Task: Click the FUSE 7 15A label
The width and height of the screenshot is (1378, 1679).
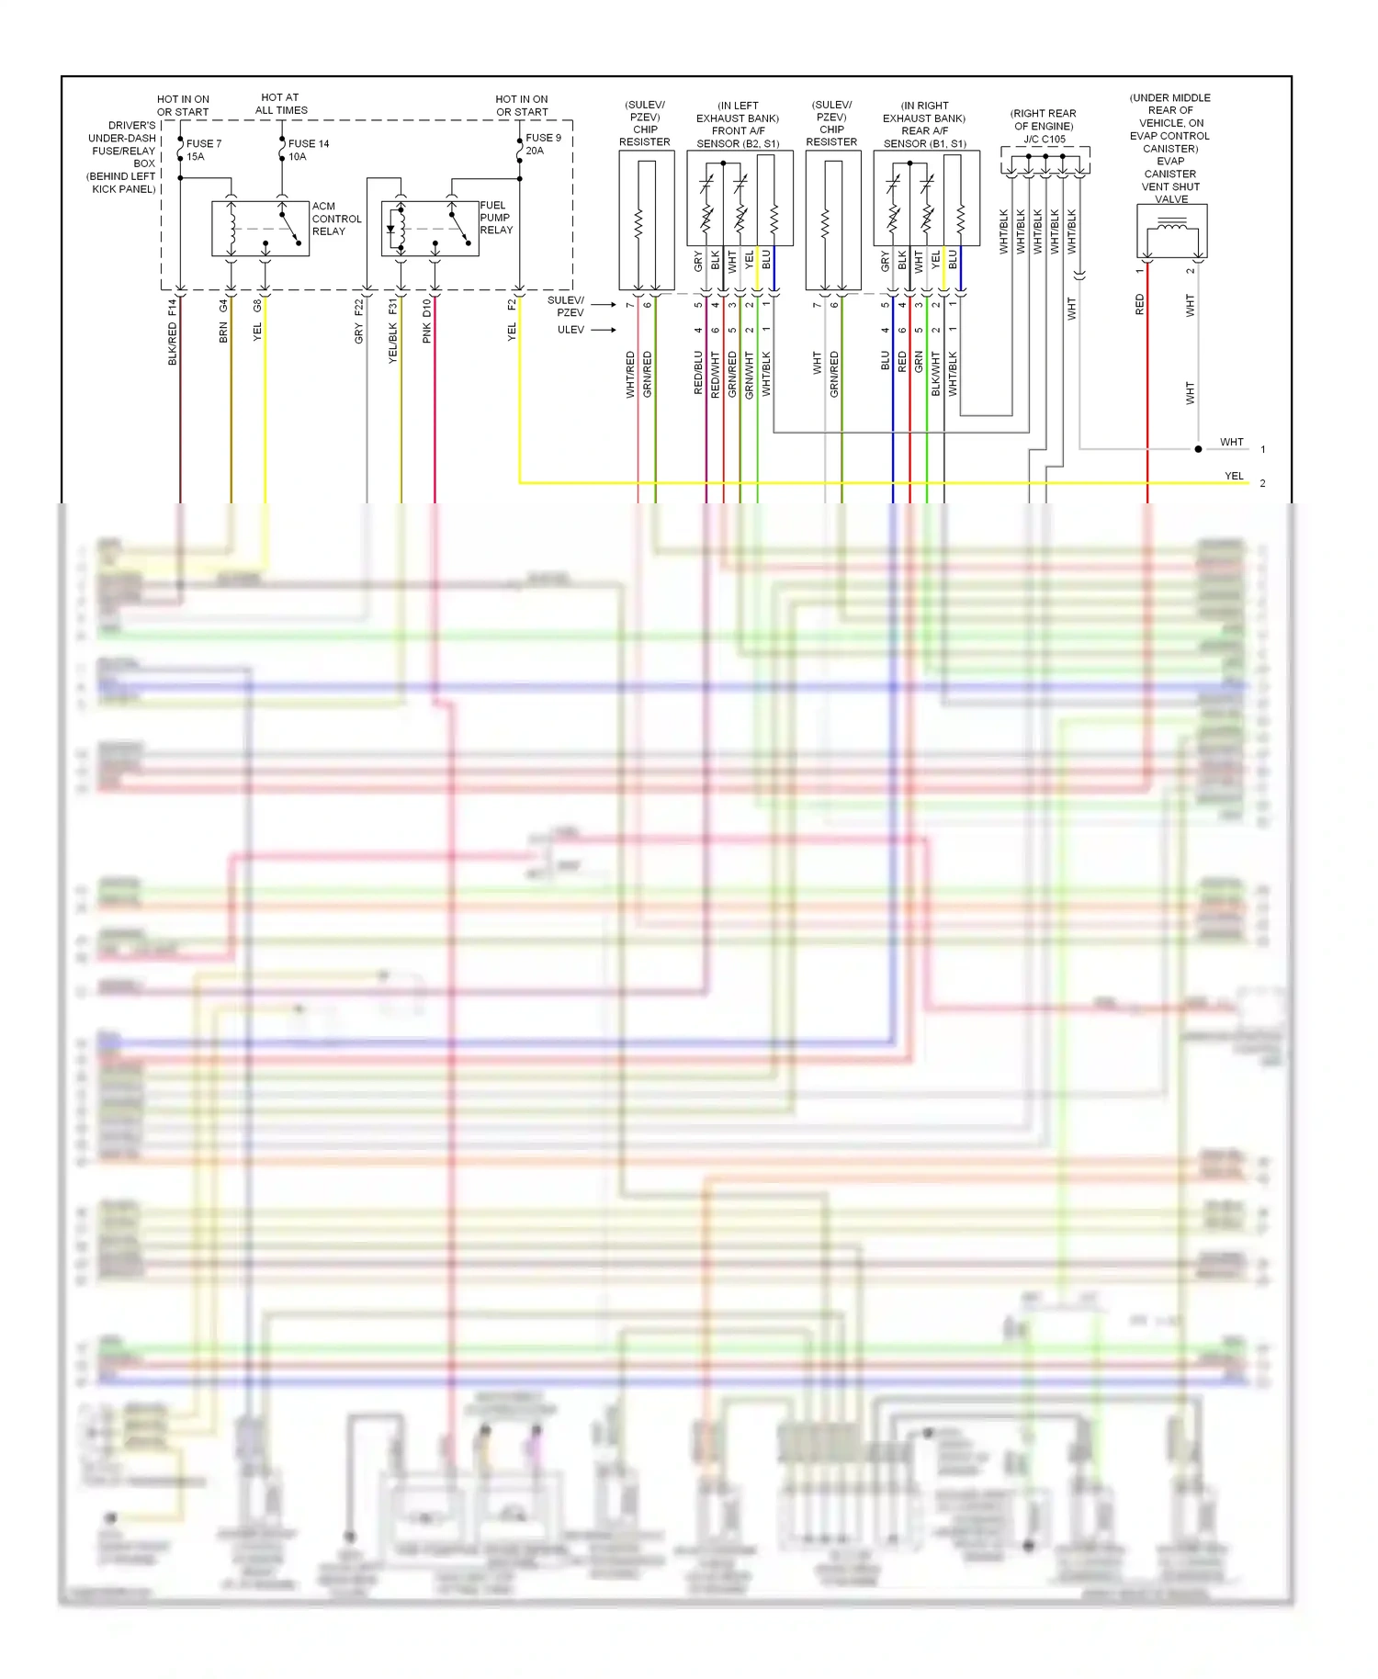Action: point(202,151)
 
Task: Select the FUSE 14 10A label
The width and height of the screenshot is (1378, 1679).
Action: point(308,151)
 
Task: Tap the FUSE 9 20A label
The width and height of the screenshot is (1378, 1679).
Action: point(542,144)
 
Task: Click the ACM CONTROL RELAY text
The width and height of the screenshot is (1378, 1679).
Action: point(335,219)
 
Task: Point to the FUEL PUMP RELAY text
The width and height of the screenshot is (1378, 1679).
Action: point(495,218)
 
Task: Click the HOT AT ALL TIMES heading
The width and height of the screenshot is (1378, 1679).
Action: point(280,104)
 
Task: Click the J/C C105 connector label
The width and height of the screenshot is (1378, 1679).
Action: point(1045,140)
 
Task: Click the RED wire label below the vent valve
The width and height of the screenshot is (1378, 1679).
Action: point(1140,305)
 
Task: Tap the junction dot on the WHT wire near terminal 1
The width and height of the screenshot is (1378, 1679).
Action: point(1198,449)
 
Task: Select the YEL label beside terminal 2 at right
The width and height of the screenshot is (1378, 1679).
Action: point(1234,476)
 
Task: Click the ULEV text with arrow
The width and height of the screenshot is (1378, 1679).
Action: point(570,330)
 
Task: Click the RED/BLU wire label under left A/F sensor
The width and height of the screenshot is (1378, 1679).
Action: point(698,373)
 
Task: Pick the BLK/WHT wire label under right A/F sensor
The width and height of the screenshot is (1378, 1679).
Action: point(935,373)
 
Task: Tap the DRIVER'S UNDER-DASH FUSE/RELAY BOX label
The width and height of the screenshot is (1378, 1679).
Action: point(124,157)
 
